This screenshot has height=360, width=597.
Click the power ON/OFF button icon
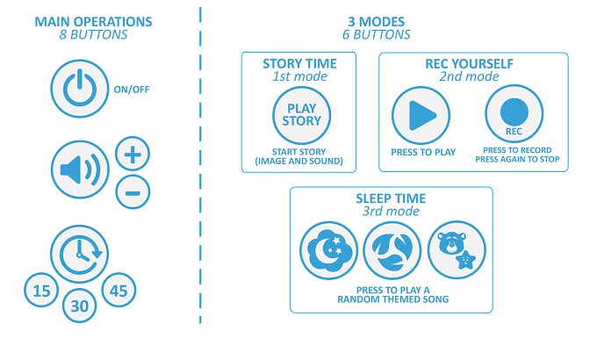(x=80, y=89)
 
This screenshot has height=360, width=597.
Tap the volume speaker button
(x=80, y=169)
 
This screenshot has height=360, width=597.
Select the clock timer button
(x=80, y=254)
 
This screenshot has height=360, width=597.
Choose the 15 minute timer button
(x=41, y=291)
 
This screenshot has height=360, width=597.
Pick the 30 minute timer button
(x=79, y=306)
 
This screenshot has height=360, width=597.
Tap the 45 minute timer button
(x=119, y=291)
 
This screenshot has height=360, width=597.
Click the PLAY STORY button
(x=301, y=115)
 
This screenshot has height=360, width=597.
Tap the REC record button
(x=514, y=113)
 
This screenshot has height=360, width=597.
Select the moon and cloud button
(x=329, y=250)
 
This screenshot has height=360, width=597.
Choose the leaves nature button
(x=392, y=250)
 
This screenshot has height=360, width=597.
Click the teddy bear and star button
(x=457, y=250)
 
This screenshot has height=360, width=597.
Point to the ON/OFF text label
(x=132, y=90)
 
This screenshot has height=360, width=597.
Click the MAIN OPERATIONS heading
(x=93, y=22)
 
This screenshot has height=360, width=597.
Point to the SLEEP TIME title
(x=391, y=198)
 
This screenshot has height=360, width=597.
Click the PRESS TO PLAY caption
(x=423, y=153)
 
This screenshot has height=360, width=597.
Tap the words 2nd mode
(x=469, y=76)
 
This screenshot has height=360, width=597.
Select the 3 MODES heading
(x=376, y=22)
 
